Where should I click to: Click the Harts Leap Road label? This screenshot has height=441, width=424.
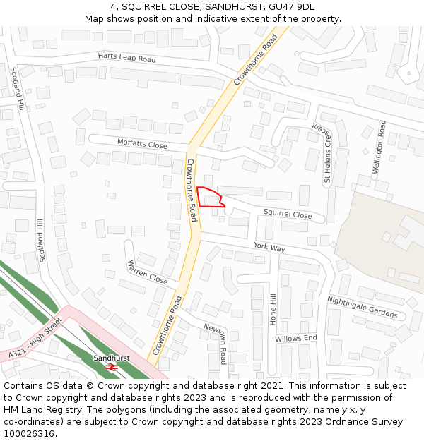click(x=126, y=58)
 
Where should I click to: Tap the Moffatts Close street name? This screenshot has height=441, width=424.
click(x=142, y=144)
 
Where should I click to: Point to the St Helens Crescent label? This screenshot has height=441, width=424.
click(x=327, y=156)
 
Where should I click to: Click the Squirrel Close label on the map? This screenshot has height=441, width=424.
click(x=288, y=214)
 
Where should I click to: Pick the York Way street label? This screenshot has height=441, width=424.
click(x=269, y=248)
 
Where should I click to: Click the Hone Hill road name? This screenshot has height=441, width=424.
click(x=273, y=309)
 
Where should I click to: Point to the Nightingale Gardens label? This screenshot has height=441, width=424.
click(x=362, y=307)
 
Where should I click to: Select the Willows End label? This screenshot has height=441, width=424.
click(x=296, y=339)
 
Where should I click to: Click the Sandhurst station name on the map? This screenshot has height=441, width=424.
click(x=111, y=358)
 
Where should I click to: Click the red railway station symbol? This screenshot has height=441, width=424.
click(x=111, y=368)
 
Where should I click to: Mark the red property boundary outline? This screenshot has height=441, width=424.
click(x=210, y=197)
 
